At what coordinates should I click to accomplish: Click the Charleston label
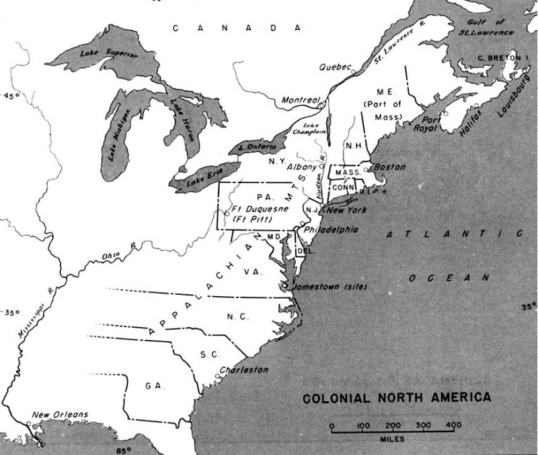click(244, 370)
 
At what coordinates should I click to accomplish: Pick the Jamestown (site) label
click(330, 286)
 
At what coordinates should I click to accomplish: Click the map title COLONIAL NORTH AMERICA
click(397, 397)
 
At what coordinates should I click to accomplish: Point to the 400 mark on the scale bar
click(453, 425)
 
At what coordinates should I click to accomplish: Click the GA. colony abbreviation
click(151, 385)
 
